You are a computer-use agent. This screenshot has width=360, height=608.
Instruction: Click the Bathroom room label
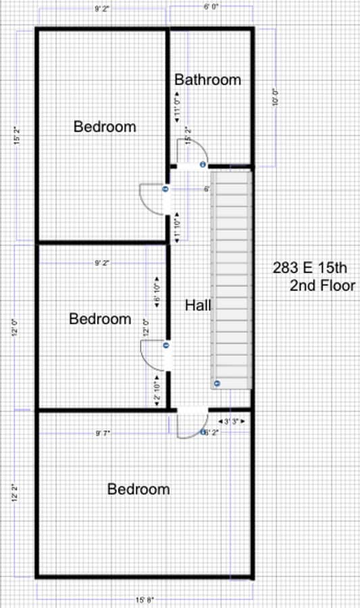pyautogui.click(x=207, y=80)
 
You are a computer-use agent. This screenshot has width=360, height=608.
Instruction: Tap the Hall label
pyautogui.click(x=198, y=305)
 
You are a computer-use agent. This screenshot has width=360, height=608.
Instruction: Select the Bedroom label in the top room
pyautogui.click(x=105, y=126)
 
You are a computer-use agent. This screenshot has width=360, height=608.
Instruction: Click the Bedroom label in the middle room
pyautogui.click(x=100, y=319)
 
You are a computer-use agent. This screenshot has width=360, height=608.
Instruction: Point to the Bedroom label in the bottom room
pyautogui.click(x=138, y=489)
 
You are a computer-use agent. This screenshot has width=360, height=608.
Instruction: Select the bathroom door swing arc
pyautogui.click(x=188, y=150)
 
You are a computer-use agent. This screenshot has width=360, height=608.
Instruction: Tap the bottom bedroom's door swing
pyautogui.click(x=188, y=426)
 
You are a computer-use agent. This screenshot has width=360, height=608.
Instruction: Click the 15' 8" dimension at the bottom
pyautogui.click(x=145, y=599)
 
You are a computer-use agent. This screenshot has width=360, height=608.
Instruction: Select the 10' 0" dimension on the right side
pyautogui.click(x=275, y=98)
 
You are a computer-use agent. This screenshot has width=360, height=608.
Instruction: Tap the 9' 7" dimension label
pyautogui.click(x=102, y=432)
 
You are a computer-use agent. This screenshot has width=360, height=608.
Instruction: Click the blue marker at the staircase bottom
pyautogui.click(x=217, y=383)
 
